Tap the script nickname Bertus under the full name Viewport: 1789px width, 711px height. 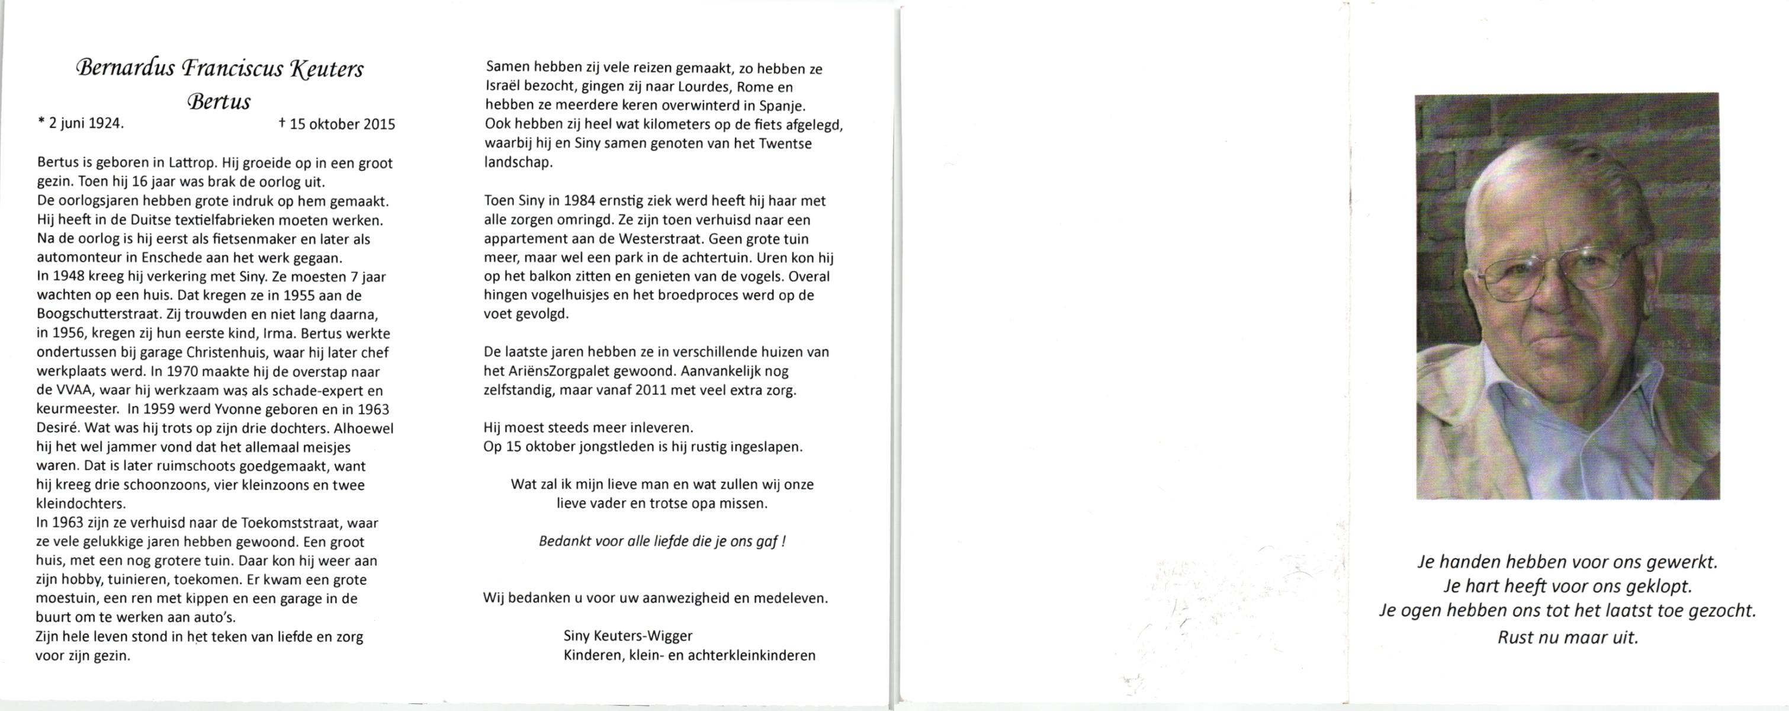point(219,102)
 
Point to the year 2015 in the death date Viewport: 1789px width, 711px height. point(379,124)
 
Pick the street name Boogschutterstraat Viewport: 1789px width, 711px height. point(88,314)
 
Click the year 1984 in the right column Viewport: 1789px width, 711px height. point(579,201)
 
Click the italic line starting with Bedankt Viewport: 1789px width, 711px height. point(662,541)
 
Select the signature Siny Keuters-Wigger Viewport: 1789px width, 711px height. point(628,635)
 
